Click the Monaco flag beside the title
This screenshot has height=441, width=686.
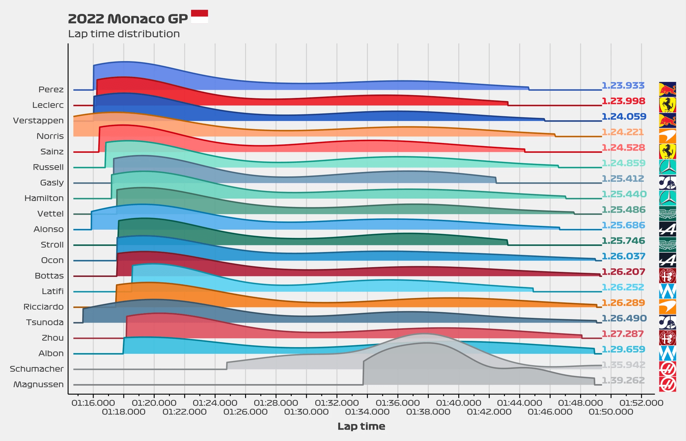pyautogui.click(x=199, y=16)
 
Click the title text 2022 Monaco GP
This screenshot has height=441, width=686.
pyautogui.click(x=128, y=19)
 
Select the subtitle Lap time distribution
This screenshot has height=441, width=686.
pyautogui.click(x=124, y=34)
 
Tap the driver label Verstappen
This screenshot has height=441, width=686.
pyautogui.click(x=38, y=121)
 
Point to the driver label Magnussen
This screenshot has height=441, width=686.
pyautogui.click(x=38, y=384)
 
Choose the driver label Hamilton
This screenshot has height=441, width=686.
pyautogui.click(x=44, y=198)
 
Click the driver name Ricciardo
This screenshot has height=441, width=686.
pyautogui.click(x=43, y=307)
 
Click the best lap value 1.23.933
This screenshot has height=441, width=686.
pyautogui.click(x=623, y=85)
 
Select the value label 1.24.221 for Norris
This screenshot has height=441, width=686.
pyautogui.click(x=623, y=132)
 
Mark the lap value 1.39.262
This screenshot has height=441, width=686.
pyautogui.click(x=623, y=380)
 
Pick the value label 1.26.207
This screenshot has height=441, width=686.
pyautogui.click(x=623, y=272)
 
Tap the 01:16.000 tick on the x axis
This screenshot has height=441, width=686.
pyautogui.click(x=93, y=403)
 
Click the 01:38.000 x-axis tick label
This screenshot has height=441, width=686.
pyautogui.click(x=428, y=412)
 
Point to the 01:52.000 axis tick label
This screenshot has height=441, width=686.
pyautogui.click(x=641, y=403)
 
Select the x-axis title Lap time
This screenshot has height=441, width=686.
pyautogui.click(x=361, y=426)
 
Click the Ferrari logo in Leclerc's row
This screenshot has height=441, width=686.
pyautogui.click(x=667, y=105)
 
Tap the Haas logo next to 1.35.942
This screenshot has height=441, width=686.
pyautogui.click(x=667, y=369)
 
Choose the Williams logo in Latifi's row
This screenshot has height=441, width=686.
pyautogui.click(x=667, y=291)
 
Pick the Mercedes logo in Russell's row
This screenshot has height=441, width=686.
pyautogui.click(x=667, y=167)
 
